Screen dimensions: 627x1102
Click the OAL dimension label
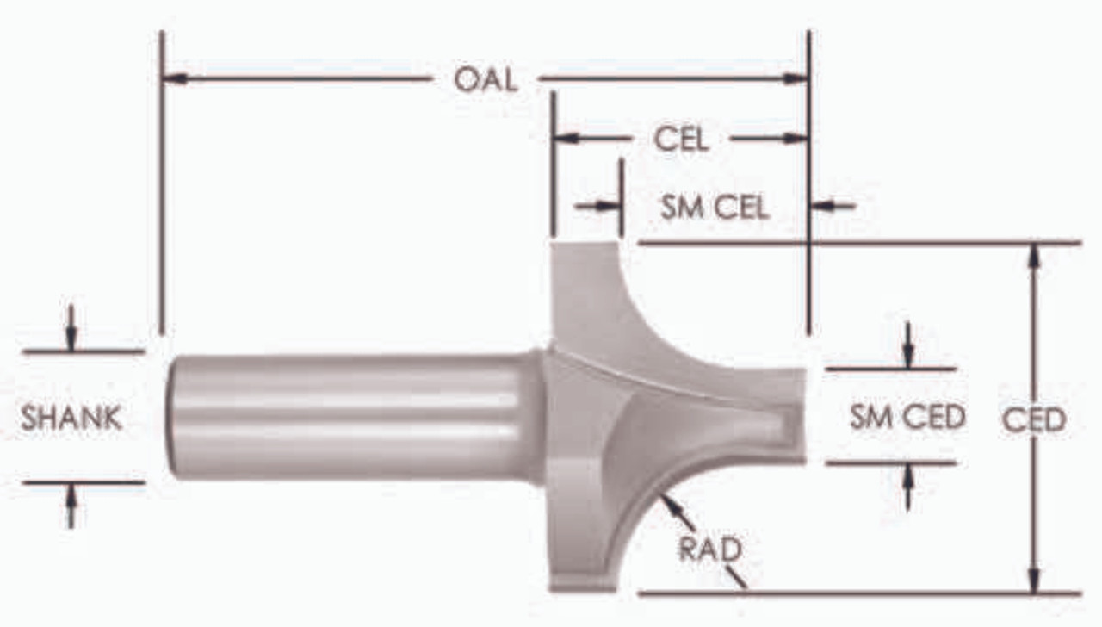486,79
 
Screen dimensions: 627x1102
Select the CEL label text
681,139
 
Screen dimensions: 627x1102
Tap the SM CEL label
715,207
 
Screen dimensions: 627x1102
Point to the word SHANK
71,419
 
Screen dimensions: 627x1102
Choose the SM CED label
907,418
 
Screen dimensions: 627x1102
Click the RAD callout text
710,549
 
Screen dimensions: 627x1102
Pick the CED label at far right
1034,419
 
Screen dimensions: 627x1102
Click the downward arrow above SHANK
71,339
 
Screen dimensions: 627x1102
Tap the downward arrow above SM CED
907,357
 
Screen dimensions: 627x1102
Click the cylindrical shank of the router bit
353,416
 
